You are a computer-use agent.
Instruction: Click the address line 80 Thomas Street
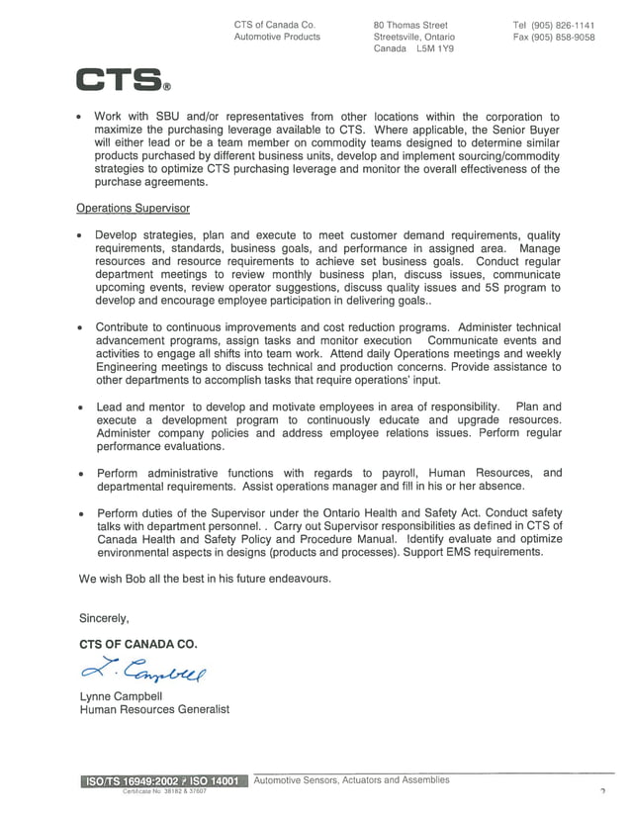pyautogui.click(x=410, y=25)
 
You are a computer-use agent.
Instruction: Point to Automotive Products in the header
pyautogui.click(x=277, y=38)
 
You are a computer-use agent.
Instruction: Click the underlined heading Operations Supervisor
pyautogui.click(x=133, y=208)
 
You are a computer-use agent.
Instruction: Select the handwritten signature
pyautogui.click(x=144, y=673)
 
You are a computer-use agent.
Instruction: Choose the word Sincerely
pyautogui.click(x=104, y=618)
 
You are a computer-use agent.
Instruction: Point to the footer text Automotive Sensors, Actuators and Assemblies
pyautogui.click(x=351, y=779)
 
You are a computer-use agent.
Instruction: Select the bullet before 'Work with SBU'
pyautogui.click(x=78, y=118)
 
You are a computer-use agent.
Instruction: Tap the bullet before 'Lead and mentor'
pyautogui.click(x=78, y=408)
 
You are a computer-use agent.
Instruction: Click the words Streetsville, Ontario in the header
pyautogui.click(x=413, y=38)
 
